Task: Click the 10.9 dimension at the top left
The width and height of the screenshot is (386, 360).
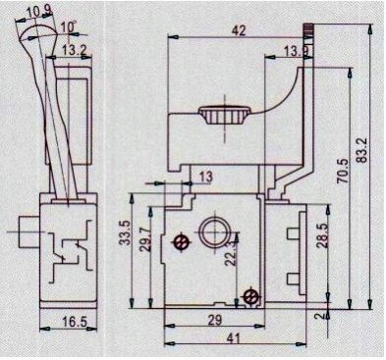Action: point(39,11)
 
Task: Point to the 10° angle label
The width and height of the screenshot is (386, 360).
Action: point(66,26)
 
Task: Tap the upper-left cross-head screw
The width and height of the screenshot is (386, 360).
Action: point(180,241)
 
